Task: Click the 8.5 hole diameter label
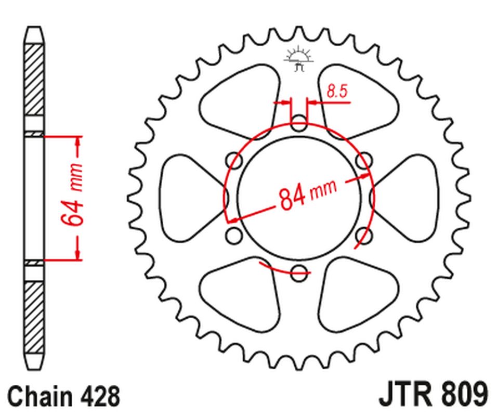[x=336, y=92]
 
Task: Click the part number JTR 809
[x=433, y=395]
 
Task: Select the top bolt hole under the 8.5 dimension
[x=299, y=125]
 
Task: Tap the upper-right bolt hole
[x=363, y=159]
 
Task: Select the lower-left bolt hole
[x=235, y=235]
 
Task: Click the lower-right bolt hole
[x=363, y=235]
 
